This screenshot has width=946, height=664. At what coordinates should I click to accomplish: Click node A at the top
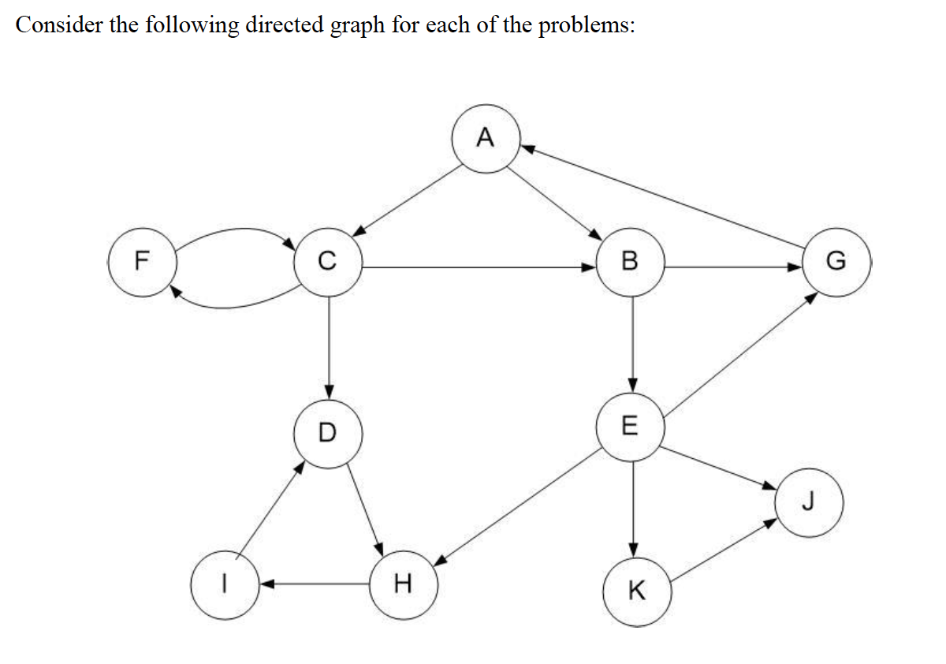486,139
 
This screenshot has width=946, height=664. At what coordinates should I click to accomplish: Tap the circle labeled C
328,262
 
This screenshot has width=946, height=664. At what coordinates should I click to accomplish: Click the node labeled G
837,262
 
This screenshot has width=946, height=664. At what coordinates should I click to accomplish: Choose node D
328,432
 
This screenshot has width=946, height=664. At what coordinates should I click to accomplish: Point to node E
630,427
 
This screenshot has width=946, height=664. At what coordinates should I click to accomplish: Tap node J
809,502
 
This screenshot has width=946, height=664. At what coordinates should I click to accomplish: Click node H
403,584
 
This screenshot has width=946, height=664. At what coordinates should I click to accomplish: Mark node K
637,591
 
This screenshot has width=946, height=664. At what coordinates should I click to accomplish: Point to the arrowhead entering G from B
795,267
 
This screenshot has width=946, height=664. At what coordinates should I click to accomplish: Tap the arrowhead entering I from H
267,584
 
